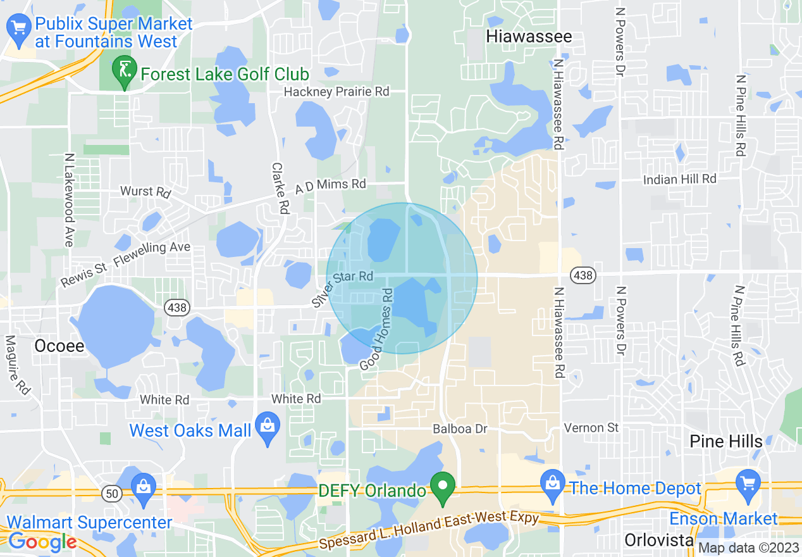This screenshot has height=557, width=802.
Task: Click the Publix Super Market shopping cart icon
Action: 18,30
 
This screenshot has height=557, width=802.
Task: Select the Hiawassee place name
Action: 529,37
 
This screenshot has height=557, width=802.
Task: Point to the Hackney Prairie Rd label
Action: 336,92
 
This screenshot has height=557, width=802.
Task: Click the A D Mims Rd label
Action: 330,186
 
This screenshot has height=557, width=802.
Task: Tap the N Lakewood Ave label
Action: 69,199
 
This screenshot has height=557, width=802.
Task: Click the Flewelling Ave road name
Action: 152,251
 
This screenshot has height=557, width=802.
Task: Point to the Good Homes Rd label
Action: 377,330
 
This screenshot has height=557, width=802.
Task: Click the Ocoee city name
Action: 59,346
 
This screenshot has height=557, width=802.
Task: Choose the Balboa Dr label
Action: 460,429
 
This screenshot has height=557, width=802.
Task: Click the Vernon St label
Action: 591,428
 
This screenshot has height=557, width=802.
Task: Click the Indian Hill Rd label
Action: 679,180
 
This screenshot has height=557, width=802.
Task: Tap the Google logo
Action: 42,541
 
